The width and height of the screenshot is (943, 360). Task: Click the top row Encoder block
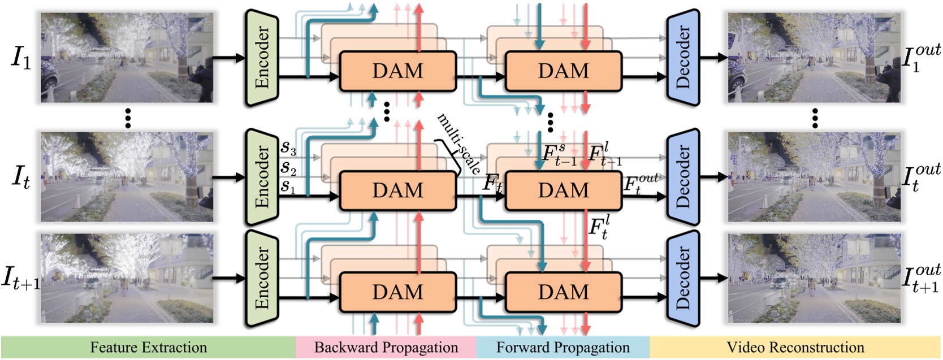click(x=261, y=58)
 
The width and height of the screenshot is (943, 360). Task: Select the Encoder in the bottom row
click(x=261, y=278)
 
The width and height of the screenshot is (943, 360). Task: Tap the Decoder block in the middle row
click(x=683, y=177)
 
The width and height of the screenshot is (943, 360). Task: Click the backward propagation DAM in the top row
click(x=397, y=71)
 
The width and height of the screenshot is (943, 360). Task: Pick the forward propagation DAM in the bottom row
click(x=563, y=292)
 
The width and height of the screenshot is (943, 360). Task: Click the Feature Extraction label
click(x=148, y=348)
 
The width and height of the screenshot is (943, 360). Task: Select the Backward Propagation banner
click(x=386, y=348)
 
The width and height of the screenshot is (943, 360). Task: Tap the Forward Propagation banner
click(x=563, y=348)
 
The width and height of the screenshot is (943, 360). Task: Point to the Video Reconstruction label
click(x=795, y=348)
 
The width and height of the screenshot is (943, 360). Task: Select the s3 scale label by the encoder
click(x=288, y=148)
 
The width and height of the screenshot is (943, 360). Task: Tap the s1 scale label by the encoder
click(x=288, y=186)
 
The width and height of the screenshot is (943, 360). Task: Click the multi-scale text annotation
click(x=459, y=144)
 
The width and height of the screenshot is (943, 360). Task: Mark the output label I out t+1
click(x=921, y=279)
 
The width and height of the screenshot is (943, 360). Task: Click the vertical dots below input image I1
click(x=128, y=118)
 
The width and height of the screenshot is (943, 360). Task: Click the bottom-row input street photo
click(x=127, y=279)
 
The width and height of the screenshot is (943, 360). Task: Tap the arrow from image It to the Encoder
click(x=228, y=177)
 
